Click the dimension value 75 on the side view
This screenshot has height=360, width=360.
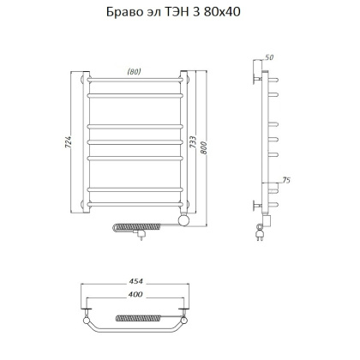point(285,181)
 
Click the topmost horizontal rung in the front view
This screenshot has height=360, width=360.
point(134,83)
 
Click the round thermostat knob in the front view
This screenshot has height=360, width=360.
point(182,221)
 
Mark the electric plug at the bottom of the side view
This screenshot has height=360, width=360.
point(259,229)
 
